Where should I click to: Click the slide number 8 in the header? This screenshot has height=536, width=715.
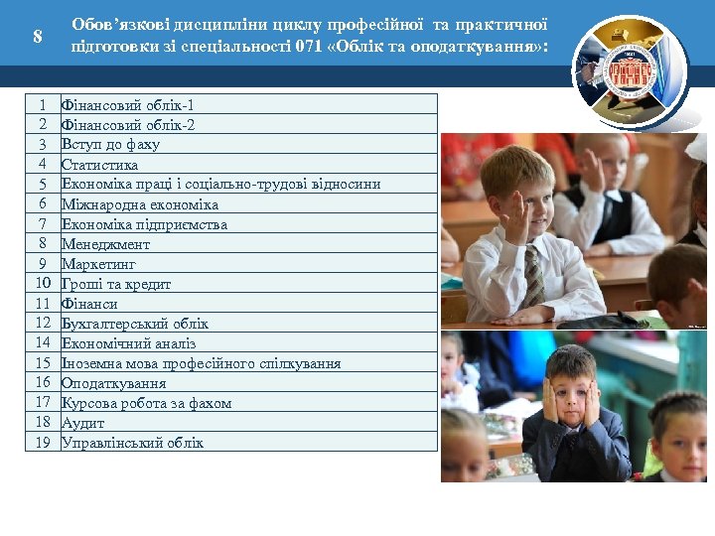pos(38,37)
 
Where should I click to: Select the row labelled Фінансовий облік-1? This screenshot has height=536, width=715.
pos(133,104)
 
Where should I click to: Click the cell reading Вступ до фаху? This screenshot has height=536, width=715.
pos(110,144)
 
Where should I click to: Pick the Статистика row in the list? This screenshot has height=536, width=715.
pos(99,164)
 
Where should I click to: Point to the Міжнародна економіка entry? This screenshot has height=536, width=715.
pos(139,203)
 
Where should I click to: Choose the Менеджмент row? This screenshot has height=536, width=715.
pos(105,243)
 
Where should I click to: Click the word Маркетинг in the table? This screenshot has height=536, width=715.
pos(98,263)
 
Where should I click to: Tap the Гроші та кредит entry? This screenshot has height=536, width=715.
pos(116,283)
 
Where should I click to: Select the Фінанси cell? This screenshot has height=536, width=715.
pos(89,303)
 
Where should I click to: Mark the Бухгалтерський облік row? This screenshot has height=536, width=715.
pos(135,323)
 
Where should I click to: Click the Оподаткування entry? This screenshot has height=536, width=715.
pos(113,382)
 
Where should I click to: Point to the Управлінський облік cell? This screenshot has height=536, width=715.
pos(132,442)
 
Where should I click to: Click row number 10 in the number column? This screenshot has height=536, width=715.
pos(43,283)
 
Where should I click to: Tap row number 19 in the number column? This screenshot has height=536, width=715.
pos(43,442)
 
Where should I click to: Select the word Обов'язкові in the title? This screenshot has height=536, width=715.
pos(112,24)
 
